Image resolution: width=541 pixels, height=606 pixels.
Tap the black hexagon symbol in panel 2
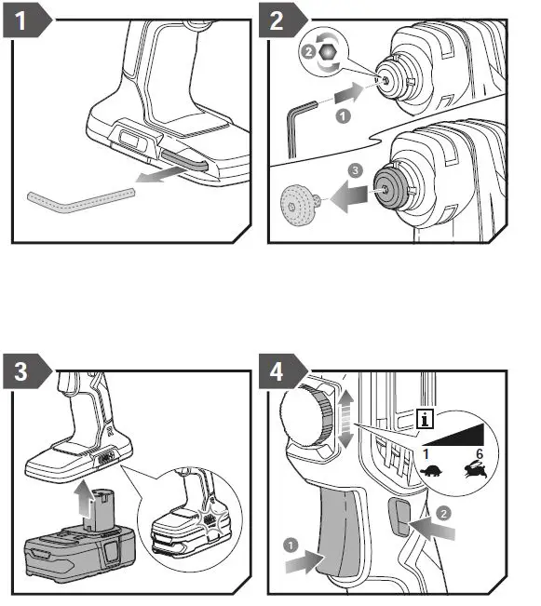tap(328, 52)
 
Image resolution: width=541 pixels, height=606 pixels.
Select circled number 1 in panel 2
tap(343, 116)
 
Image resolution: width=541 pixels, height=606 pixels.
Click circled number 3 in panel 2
tap(355, 170)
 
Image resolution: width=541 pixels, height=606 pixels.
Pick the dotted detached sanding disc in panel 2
tap(299, 205)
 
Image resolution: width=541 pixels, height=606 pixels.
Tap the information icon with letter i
tap(425, 419)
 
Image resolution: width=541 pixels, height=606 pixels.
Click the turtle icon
tap(430, 472)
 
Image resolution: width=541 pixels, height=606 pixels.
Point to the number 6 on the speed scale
tap(480, 453)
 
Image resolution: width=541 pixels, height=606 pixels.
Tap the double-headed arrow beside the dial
tap(345, 419)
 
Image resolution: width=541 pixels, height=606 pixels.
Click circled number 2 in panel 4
tap(443, 513)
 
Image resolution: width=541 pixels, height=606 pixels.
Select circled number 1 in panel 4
tap(291, 545)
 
